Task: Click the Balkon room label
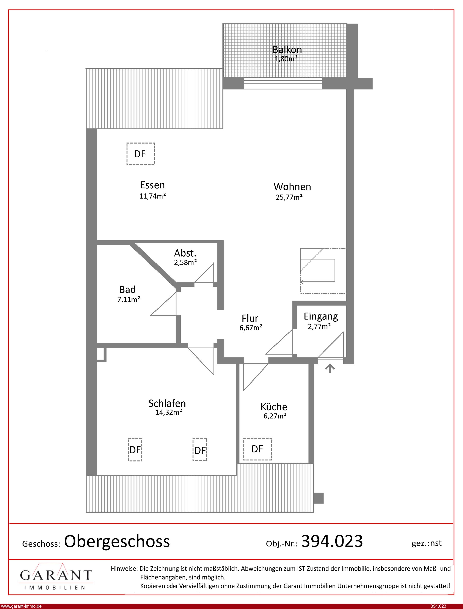287,50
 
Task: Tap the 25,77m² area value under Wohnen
289,197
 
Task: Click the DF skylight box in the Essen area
141,154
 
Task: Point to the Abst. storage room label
185,253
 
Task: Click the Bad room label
127,290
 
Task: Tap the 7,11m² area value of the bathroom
129,299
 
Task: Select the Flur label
250,318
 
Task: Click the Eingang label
321,317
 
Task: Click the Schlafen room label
167,404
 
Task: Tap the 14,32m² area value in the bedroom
169,412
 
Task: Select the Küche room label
274,407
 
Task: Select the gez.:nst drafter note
427,543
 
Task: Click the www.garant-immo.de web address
21,606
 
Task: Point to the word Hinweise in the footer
124,568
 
